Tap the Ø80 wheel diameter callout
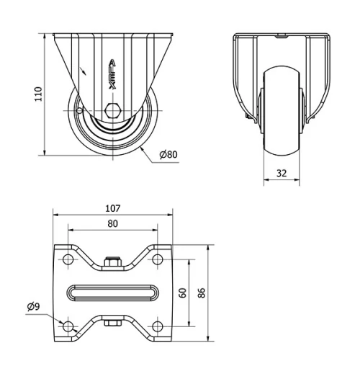pyautogui.click(x=168, y=154)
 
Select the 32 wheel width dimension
pyautogui.click(x=281, y=173)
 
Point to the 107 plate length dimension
pyautogui.click(x=113, y=208)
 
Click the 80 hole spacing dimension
pyautogui.click(x=113, y=223)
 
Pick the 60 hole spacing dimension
pyautogui.click(x=183, y=293)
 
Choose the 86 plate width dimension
pyautogui.click(x=202, y=293)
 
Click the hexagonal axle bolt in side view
pyautogui.click(x=112, y=111)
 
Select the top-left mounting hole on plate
pyautogui.click(x=69, y=258)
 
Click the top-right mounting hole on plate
pyautogui.click(x=156, y=258)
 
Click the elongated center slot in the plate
pyautogui.click(x=113, y=293)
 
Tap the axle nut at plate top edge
pyautogui.click(x=112, y=263)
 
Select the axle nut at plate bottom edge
pyautogui.click(x=112, y=323)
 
